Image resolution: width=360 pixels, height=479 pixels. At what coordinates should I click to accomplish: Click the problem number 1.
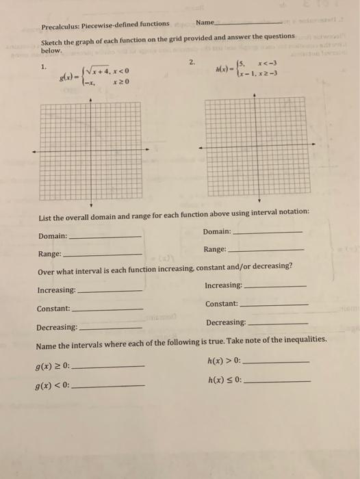click(44, 66)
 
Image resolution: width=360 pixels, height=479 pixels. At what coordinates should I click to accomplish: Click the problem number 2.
click(192, 62)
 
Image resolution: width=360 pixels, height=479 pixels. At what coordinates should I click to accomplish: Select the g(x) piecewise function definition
click(95, 75)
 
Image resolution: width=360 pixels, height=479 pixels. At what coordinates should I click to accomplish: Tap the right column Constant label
click(222, 303)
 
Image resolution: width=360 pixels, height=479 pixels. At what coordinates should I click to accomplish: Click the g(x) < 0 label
click(53, 386)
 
